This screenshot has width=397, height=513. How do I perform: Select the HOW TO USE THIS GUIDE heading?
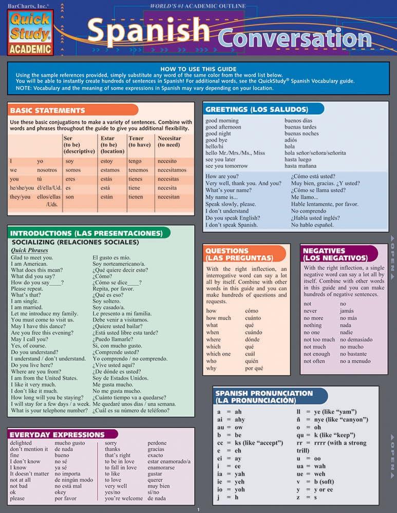click(x=198, y=69)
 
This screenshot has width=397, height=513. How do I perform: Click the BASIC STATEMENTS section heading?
click(x=47, y=110)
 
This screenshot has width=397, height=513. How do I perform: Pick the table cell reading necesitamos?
click(x=172, y=170)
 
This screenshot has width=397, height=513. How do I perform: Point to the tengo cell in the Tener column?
click(x=135, y=161)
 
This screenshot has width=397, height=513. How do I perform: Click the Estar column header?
click(x=108, y=138)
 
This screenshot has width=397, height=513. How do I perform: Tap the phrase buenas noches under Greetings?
click(x=301, y=133)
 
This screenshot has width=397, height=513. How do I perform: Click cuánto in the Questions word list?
click(x=255, y=318)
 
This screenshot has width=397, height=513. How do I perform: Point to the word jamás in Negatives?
click(x=347, y=311)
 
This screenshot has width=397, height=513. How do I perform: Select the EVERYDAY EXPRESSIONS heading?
click(x=58, y=435)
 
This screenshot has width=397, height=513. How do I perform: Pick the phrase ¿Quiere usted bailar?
click(x=118, y=325)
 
